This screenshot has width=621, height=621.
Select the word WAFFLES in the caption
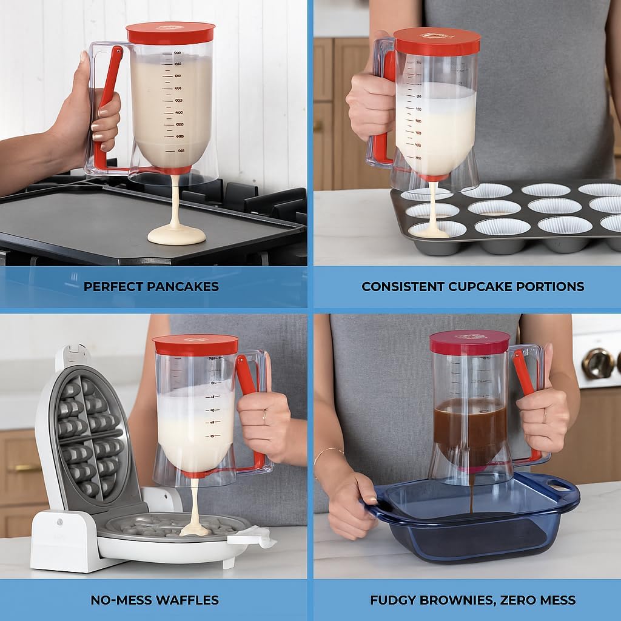[x=187, y=600]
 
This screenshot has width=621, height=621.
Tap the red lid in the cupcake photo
[x=437, y=41]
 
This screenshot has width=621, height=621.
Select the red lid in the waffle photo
[x=195, y=344]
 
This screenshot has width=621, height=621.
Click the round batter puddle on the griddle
[x=176, y=235]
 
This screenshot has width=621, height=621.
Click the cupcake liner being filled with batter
[x=436, y=229]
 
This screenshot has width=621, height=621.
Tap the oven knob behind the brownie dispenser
[x=597, y=363]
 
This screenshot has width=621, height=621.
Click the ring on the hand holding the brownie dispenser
[x=545, y=415]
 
